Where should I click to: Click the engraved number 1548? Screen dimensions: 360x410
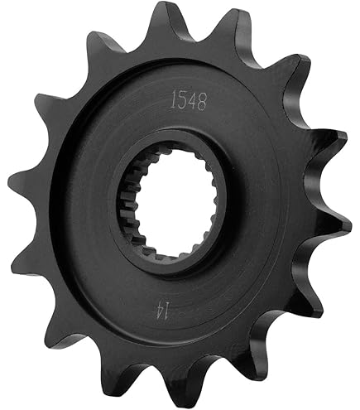[x=189, y=101]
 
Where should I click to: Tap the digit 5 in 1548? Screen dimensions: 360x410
[x=183, y=101]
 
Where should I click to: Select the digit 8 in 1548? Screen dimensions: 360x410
[x=202, y=103]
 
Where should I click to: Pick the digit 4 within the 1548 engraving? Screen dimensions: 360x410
[x=193, y=102]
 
